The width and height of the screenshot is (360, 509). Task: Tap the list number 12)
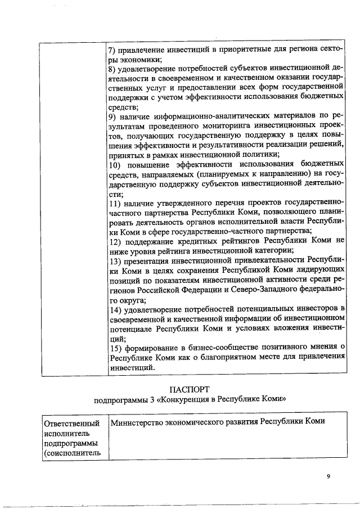[115, 240]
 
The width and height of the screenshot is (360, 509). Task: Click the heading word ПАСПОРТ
[190, 389]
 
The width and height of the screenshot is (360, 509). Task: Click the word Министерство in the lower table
[137, 421]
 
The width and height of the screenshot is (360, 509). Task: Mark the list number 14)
[115, 310]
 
